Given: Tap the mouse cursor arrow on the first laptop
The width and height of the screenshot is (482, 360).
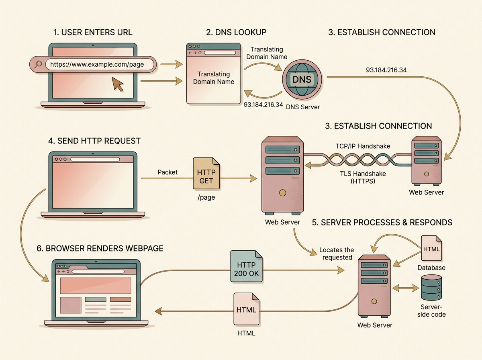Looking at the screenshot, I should click(x=117, y=83).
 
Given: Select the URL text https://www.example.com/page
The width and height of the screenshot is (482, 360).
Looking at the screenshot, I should click(x=94, y=64).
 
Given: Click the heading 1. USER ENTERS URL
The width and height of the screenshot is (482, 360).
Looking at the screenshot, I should click(x=93, y=33).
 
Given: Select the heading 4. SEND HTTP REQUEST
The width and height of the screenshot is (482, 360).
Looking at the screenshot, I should click(x=94, y=141).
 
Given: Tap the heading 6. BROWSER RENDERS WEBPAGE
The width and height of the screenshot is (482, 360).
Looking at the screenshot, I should click(x=100, y=248).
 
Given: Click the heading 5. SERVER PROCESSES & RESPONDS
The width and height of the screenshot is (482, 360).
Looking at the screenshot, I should click(x=382, y=222).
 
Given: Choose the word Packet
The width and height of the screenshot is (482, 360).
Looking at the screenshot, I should click(x=167, y=172).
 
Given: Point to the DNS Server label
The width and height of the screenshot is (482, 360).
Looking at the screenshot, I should click(x=303, y=106).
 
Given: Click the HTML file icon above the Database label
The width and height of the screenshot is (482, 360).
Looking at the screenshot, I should click(x=431, y=249).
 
